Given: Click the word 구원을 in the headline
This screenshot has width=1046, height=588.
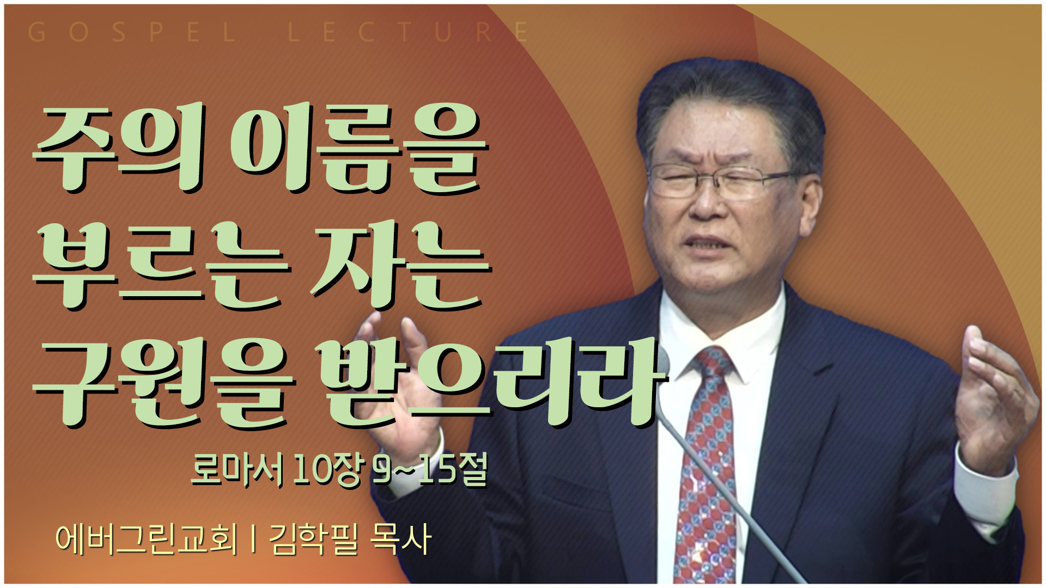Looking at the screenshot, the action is coord(163,383).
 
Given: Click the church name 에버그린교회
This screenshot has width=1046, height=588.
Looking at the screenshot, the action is coord(147,539).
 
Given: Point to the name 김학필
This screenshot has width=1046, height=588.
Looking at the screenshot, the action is coord(313,539).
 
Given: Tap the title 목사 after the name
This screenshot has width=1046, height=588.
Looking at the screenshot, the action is coord(400,539).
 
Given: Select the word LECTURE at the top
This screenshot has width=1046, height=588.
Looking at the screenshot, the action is coord(409,33).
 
